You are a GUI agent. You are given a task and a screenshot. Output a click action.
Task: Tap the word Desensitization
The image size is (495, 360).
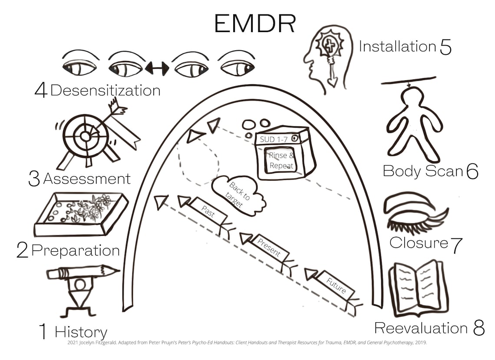tap(106, 90)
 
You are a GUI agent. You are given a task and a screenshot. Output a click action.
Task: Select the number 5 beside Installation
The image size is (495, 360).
tap(445, 47)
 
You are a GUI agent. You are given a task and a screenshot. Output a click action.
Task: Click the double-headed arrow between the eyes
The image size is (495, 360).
tap(157, 68)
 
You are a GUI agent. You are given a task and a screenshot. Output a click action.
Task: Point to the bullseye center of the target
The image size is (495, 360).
tap(85, 136)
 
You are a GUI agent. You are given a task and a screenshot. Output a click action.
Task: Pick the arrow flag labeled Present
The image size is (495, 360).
tap(270, 248)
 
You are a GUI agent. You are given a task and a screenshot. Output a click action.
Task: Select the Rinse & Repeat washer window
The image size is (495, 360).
tap(281, 160)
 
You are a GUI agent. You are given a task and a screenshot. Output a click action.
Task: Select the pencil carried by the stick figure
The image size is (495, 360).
tap(82, 272)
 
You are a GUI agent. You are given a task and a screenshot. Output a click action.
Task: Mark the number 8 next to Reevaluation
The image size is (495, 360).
tap(478, 328)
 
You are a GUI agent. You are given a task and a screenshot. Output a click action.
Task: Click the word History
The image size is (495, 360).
tap(81, 332)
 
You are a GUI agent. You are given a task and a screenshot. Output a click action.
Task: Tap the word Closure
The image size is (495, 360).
tap(418, 243)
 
